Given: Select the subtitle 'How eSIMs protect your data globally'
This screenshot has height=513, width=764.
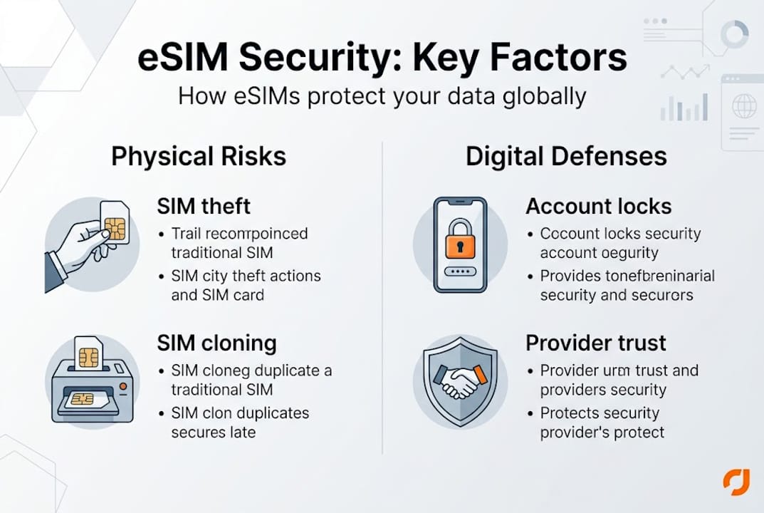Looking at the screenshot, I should [x=382, y=95].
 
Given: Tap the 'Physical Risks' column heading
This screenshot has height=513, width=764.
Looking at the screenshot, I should [x=199, y=156].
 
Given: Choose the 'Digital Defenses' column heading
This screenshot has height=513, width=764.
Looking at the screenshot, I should [x=566, y=156].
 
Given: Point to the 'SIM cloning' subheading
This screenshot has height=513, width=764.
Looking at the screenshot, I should [x=216, y=343].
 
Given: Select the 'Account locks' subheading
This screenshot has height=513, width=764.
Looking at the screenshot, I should [x=598, y=207].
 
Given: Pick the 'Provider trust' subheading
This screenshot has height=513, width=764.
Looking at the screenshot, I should [x=596, y=343].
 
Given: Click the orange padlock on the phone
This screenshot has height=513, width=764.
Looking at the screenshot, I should [x=459, y=241].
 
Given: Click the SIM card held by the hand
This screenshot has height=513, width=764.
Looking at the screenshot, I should [x=115, y=223].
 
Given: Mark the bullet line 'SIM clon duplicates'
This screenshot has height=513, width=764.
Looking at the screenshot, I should [x=240, y=413].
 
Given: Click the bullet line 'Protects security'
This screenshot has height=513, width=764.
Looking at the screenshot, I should [x=600, y=413].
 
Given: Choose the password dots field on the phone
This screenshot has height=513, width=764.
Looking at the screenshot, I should [x=459, y=272].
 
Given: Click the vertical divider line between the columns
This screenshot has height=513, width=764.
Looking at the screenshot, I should [x=382, y=299].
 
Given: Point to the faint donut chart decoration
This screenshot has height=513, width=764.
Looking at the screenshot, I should [x=734, y=33].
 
